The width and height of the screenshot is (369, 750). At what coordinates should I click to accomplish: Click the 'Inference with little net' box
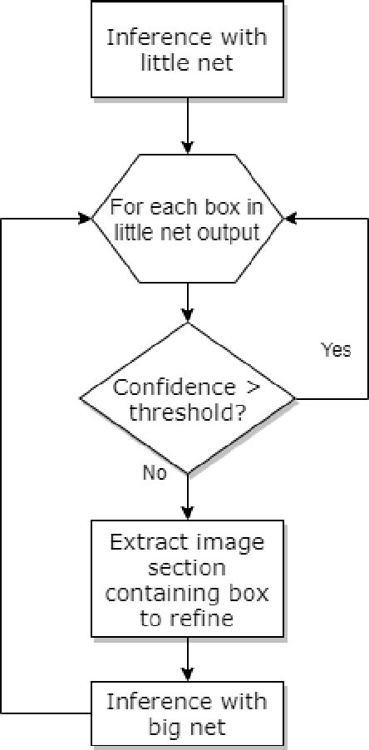click(x=189, y=48)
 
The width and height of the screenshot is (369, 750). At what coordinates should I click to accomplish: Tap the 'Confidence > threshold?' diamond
click(x=188, y=399)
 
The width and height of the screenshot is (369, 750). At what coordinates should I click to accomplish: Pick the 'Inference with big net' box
click(x=188, y=713)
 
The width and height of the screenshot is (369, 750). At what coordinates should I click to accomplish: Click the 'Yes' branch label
click(x=336, y=350)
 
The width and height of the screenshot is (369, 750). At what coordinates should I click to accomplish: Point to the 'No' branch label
click(x=155, y=473)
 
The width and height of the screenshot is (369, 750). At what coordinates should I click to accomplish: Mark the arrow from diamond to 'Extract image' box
click(x=189, y=498)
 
